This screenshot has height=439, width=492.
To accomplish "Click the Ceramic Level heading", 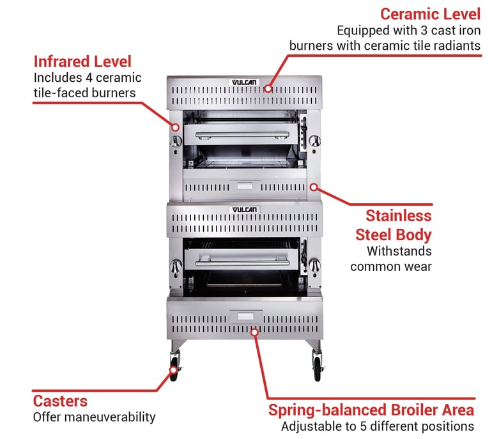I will [429, 13].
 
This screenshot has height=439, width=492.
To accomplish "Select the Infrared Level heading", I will [82, 61].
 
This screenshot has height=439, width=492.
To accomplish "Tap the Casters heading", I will [60, 401].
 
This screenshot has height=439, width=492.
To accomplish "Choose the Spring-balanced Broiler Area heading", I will [371, 410].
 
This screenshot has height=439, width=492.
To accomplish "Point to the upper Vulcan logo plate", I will [243, 82].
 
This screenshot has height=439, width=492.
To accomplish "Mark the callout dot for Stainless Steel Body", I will [314, 186].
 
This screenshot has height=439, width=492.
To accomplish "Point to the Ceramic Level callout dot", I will [268, 89].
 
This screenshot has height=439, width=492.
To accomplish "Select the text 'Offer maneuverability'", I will [94, 417].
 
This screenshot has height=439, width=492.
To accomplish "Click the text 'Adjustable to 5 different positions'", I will [377, 426].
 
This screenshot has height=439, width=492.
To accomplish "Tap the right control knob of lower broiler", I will [314, 266].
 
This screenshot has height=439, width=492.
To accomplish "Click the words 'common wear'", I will [390, 266].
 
